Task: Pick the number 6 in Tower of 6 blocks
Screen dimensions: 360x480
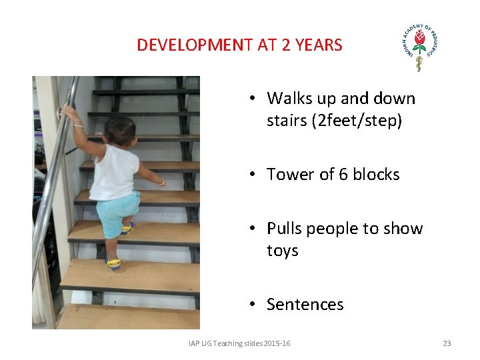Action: [343, 175]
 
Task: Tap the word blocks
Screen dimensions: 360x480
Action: [376, 175]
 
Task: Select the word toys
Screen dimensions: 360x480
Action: [283, 251]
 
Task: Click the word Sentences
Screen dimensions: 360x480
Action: [305, 305]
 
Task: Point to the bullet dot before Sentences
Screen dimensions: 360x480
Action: [253, 305]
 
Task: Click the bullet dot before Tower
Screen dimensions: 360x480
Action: [253, 175]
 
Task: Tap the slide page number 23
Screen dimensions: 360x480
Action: [447, 343]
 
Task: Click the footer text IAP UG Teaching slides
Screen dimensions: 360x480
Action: [227, 343]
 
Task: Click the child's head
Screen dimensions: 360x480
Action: [120, 130]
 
